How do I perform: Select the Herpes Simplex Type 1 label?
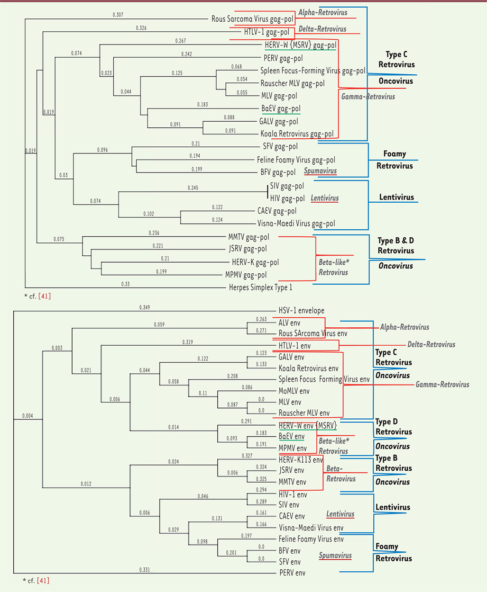pyautogui.click(x=260, y=287)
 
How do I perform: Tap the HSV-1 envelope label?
pyautogui.click(x=301, y=311)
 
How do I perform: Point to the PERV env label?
pyautogui.click(x=292, y=573)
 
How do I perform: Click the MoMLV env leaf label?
pyautogui.click(x=294, y=391)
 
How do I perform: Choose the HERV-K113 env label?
pyautogui.click(x=301, y=460)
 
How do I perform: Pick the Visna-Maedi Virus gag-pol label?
pyautogui.click(x=296, y=224)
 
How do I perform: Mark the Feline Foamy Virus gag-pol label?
pyautogui.click(x=296, y=160)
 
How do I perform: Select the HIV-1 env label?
pyautogui.click(x=293, y=494)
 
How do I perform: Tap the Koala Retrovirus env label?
pyautogui.click(x=308, y=368)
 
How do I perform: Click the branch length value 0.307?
pyautogui.click(x=118, y=15)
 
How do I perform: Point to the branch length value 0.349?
pyautogui.click(x=145, y=308)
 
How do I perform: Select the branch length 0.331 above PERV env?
pyautogui.click(x=145, y=570)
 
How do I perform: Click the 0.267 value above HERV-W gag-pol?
pyautogui.click(x=180, y=41)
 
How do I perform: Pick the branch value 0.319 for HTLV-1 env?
pyautogui.click(x=188, y=342)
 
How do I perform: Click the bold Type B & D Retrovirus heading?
pyautogui.click(x=395, y=246)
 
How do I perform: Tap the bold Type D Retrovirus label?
pyautogui.click(x=394, y=427)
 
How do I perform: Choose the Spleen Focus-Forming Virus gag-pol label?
pyautogui.click(x=312, y=71)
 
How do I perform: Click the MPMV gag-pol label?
pyautogui.click(x=246, y=275)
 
